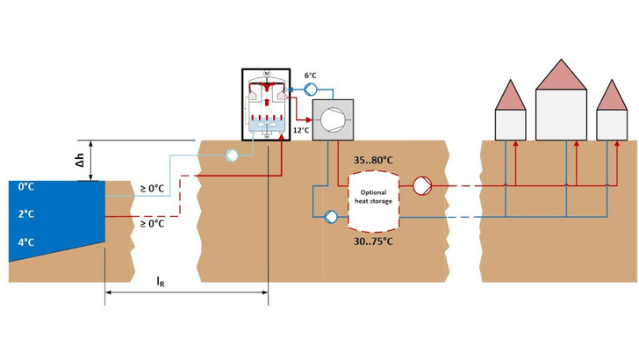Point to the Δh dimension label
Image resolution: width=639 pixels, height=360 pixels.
[80, 160]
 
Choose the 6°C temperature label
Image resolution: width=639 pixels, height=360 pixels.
[312, 76]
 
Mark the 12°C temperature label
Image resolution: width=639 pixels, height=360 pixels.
[300, 130]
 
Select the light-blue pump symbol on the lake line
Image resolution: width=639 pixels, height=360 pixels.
[231, 155]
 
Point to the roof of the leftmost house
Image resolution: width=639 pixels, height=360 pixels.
[510, 95]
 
